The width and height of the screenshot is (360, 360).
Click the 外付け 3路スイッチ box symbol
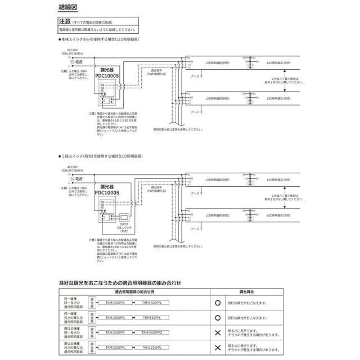[x=124, y=217]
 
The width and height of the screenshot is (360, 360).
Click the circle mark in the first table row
[x=218, y=303]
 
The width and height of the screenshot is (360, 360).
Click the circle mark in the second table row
[x=218, y=318]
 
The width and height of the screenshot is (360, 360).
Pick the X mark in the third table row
[x=218, y=333]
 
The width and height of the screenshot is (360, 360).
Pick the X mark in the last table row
[x=218, y=348]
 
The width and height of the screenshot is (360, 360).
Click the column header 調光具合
[x=246, y=292]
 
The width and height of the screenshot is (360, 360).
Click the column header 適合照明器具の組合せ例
[x=134, y=292]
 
